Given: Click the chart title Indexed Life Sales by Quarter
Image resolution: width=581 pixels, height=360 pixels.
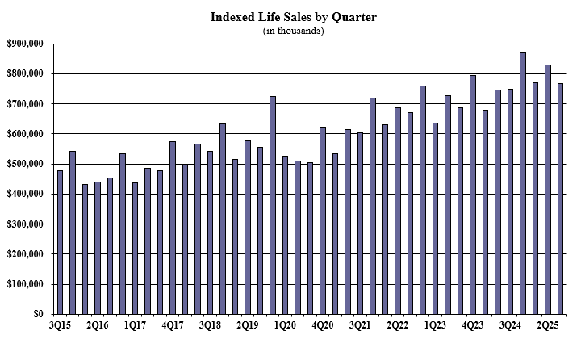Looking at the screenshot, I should coord(294,16).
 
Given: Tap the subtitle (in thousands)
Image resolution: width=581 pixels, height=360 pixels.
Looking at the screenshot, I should coord(294,31).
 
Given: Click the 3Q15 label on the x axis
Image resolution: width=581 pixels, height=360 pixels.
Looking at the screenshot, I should coord(60,325).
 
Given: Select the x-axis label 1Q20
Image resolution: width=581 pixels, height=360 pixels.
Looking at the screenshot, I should coord(285,325).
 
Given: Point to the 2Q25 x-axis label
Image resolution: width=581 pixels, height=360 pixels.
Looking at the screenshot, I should coord(548,325).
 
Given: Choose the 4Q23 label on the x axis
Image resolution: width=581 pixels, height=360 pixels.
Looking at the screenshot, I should coord(473,325).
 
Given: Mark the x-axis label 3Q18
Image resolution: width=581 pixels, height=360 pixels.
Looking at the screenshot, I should coord(210,325).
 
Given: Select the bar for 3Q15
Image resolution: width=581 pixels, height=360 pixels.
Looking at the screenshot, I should coord(60,242).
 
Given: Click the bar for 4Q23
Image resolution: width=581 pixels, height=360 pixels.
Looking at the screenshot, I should coord(473,195).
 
